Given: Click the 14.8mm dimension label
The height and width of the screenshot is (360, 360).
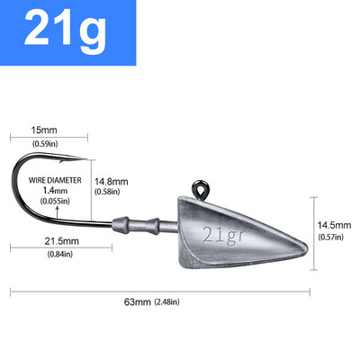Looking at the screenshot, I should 112,181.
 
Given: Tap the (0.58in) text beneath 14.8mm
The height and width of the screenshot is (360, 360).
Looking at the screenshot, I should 111,193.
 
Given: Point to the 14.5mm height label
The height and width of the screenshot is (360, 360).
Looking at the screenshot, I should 334,224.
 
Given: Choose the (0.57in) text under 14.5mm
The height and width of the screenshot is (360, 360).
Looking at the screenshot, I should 334,237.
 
